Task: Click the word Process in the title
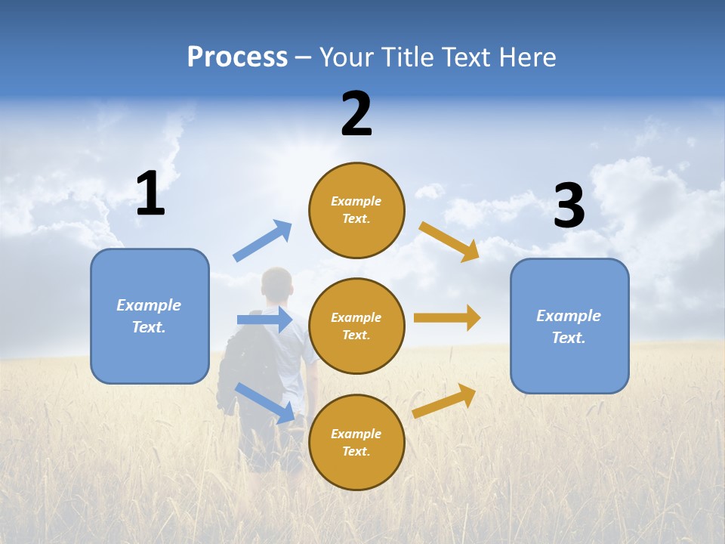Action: click(237, 57)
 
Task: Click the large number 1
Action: click(150, 194)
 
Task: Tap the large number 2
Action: click(356, 114)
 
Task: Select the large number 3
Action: click(569, 206)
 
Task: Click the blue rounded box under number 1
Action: click(150, 316)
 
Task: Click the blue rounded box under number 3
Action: click(569, 326)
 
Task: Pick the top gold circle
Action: click(356, 210)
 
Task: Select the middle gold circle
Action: click(356, 326)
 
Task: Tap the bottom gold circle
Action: click(356, 442)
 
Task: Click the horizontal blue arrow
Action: click(264, 320)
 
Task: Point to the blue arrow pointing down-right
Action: click(264, 402)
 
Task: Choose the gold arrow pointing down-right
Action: click(449, 241)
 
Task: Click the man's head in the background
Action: click(276, 285)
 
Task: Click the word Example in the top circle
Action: click(356, 201)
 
